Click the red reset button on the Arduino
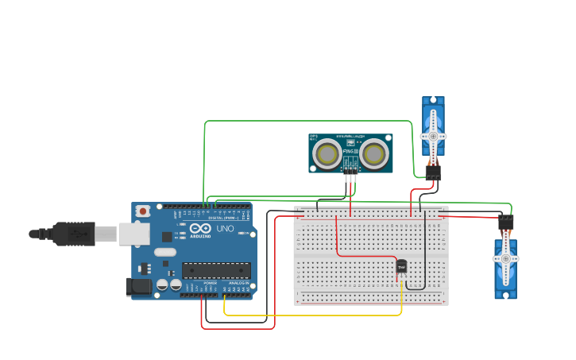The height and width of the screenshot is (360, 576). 143,211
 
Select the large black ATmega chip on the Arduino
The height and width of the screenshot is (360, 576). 216,270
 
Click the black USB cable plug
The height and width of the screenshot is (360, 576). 75,234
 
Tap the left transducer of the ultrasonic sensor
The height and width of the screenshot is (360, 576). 326,154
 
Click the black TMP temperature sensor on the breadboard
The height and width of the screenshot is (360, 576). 401,267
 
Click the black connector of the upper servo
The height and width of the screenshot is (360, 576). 433,172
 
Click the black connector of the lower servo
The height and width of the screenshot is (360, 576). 506,223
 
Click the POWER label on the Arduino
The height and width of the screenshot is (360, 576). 210,283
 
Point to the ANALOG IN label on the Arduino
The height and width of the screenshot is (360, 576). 238,283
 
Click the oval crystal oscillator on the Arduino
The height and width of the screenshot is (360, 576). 164,253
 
